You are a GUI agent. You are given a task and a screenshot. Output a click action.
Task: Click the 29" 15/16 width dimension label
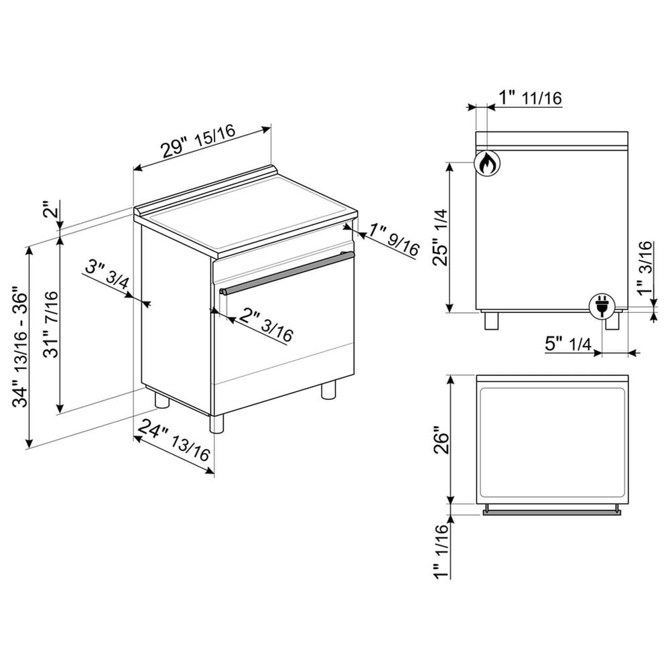point(198,141)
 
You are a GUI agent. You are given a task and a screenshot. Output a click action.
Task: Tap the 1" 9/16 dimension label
point(394,241)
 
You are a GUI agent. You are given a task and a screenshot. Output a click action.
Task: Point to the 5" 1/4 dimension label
point(568,344)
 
